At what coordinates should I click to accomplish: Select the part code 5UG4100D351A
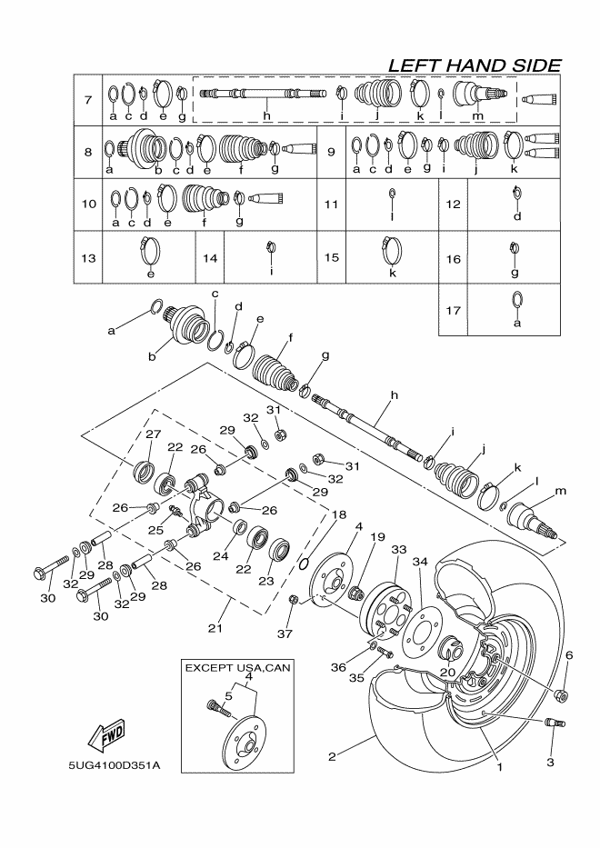point(113,765)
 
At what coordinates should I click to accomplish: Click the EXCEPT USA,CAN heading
point(237,667)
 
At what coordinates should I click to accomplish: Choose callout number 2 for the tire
point(333,754)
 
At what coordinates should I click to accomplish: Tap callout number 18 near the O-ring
point(338,514)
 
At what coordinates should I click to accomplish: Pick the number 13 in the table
point(88,258)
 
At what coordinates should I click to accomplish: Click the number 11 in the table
point(331,205)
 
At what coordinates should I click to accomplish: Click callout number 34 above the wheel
point(419,562)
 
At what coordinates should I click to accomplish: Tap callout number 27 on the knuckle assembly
point(153,434)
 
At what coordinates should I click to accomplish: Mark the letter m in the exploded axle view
point(560,491)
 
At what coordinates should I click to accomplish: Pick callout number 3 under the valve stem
point(550,763)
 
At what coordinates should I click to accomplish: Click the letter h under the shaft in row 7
point(267,116)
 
